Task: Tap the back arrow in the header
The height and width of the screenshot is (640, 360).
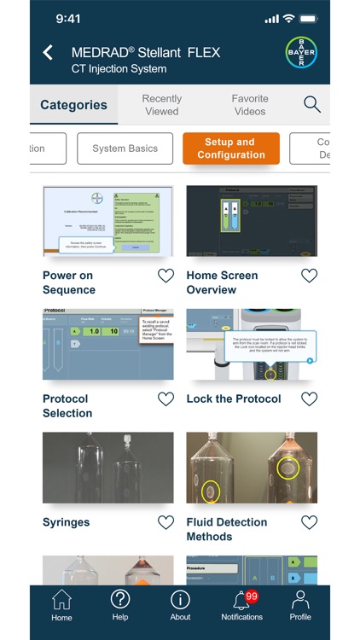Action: (x=48, y=53)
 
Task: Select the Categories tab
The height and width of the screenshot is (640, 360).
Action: (x=74, y=105)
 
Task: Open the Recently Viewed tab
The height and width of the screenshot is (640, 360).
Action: (x=162, y=105)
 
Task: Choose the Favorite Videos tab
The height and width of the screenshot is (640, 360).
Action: (x=249, y=105)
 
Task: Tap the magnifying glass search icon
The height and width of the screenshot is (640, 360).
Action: (x=312, y=105)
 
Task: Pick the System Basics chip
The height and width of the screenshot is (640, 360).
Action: (x=125, y=148)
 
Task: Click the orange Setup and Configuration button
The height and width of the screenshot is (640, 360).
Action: (x=231, y=148)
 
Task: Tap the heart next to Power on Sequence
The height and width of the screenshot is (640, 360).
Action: (x=166, y=276)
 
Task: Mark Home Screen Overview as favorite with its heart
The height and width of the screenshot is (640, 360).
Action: (x=310, y=276)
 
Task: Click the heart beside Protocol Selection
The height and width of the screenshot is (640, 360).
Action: (x=166, y=399)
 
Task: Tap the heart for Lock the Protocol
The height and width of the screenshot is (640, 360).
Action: (x=310, y=399)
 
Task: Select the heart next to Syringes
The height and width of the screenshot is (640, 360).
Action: (x=166, y=522)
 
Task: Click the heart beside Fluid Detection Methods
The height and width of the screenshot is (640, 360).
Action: (x=310, y=522)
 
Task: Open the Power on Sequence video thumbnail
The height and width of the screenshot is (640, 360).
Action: (x=107, y=221)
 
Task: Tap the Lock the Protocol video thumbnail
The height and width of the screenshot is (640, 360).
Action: (x=252, y=344)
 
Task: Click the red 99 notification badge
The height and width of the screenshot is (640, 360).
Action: (x=252, y=596)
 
